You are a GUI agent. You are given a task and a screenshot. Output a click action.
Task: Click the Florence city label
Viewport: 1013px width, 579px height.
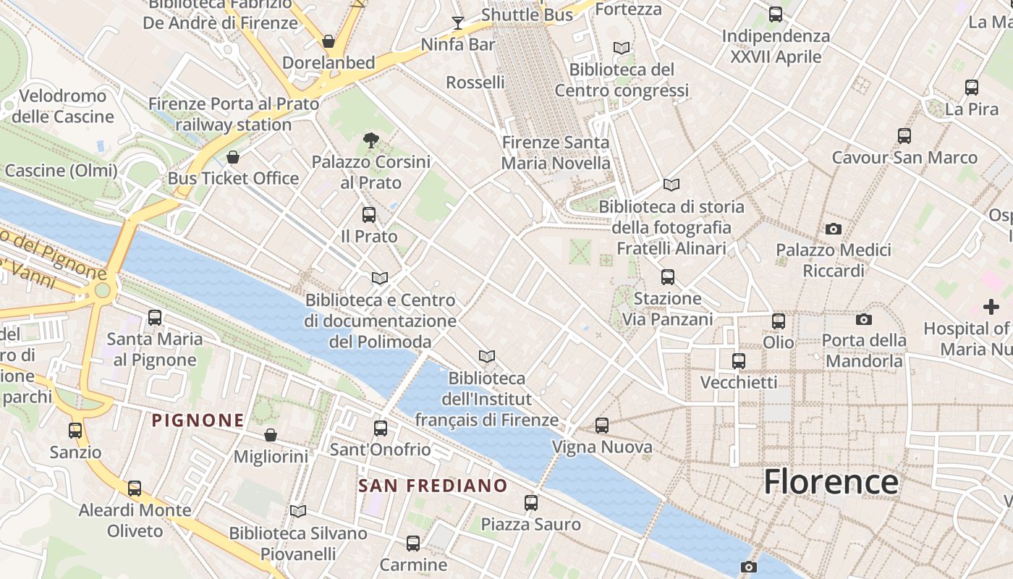[831, 482]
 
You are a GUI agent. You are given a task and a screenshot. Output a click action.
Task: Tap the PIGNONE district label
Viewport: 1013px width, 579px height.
[198, 420]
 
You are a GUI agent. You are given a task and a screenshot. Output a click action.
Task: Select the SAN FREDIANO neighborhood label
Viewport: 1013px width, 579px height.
[433, 485]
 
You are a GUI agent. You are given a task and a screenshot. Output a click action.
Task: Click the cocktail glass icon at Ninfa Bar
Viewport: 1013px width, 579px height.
[457, 22]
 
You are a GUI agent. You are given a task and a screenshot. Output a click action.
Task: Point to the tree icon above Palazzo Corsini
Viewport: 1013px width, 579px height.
[370, 140]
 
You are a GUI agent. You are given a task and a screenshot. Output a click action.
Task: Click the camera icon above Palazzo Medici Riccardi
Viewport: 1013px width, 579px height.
[834, 229]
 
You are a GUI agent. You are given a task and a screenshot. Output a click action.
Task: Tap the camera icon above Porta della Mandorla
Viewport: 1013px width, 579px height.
[863, 319]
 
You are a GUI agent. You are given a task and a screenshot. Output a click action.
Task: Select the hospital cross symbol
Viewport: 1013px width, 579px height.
[991, 307]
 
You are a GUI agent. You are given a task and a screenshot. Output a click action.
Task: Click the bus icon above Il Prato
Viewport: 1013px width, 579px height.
[369, 215]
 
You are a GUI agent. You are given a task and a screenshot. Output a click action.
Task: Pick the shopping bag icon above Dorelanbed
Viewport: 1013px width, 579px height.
[329, 41]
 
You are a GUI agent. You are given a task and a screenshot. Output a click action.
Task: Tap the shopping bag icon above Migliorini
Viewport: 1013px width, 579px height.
[271, 435]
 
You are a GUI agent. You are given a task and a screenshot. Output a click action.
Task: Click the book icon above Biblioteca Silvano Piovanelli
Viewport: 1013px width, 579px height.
[298, 511]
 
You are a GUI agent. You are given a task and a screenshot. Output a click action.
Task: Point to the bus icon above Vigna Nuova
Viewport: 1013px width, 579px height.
[602, 426]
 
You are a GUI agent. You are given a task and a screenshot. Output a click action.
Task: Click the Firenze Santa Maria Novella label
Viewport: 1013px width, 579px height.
[556, 153]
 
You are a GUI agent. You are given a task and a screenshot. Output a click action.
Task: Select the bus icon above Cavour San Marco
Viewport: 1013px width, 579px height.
[904, 136]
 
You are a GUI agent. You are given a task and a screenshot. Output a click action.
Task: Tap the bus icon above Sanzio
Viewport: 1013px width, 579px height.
[75, 431]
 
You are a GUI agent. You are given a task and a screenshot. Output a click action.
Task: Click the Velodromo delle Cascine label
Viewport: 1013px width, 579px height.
[63, 106]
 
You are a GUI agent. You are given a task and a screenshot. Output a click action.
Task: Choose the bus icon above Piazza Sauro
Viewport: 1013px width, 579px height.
[531, 502]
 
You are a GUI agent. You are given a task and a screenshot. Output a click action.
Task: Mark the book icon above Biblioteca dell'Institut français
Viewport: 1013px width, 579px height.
[487, 356]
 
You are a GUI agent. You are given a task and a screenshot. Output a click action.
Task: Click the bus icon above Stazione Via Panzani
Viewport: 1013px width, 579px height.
[668, 276]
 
